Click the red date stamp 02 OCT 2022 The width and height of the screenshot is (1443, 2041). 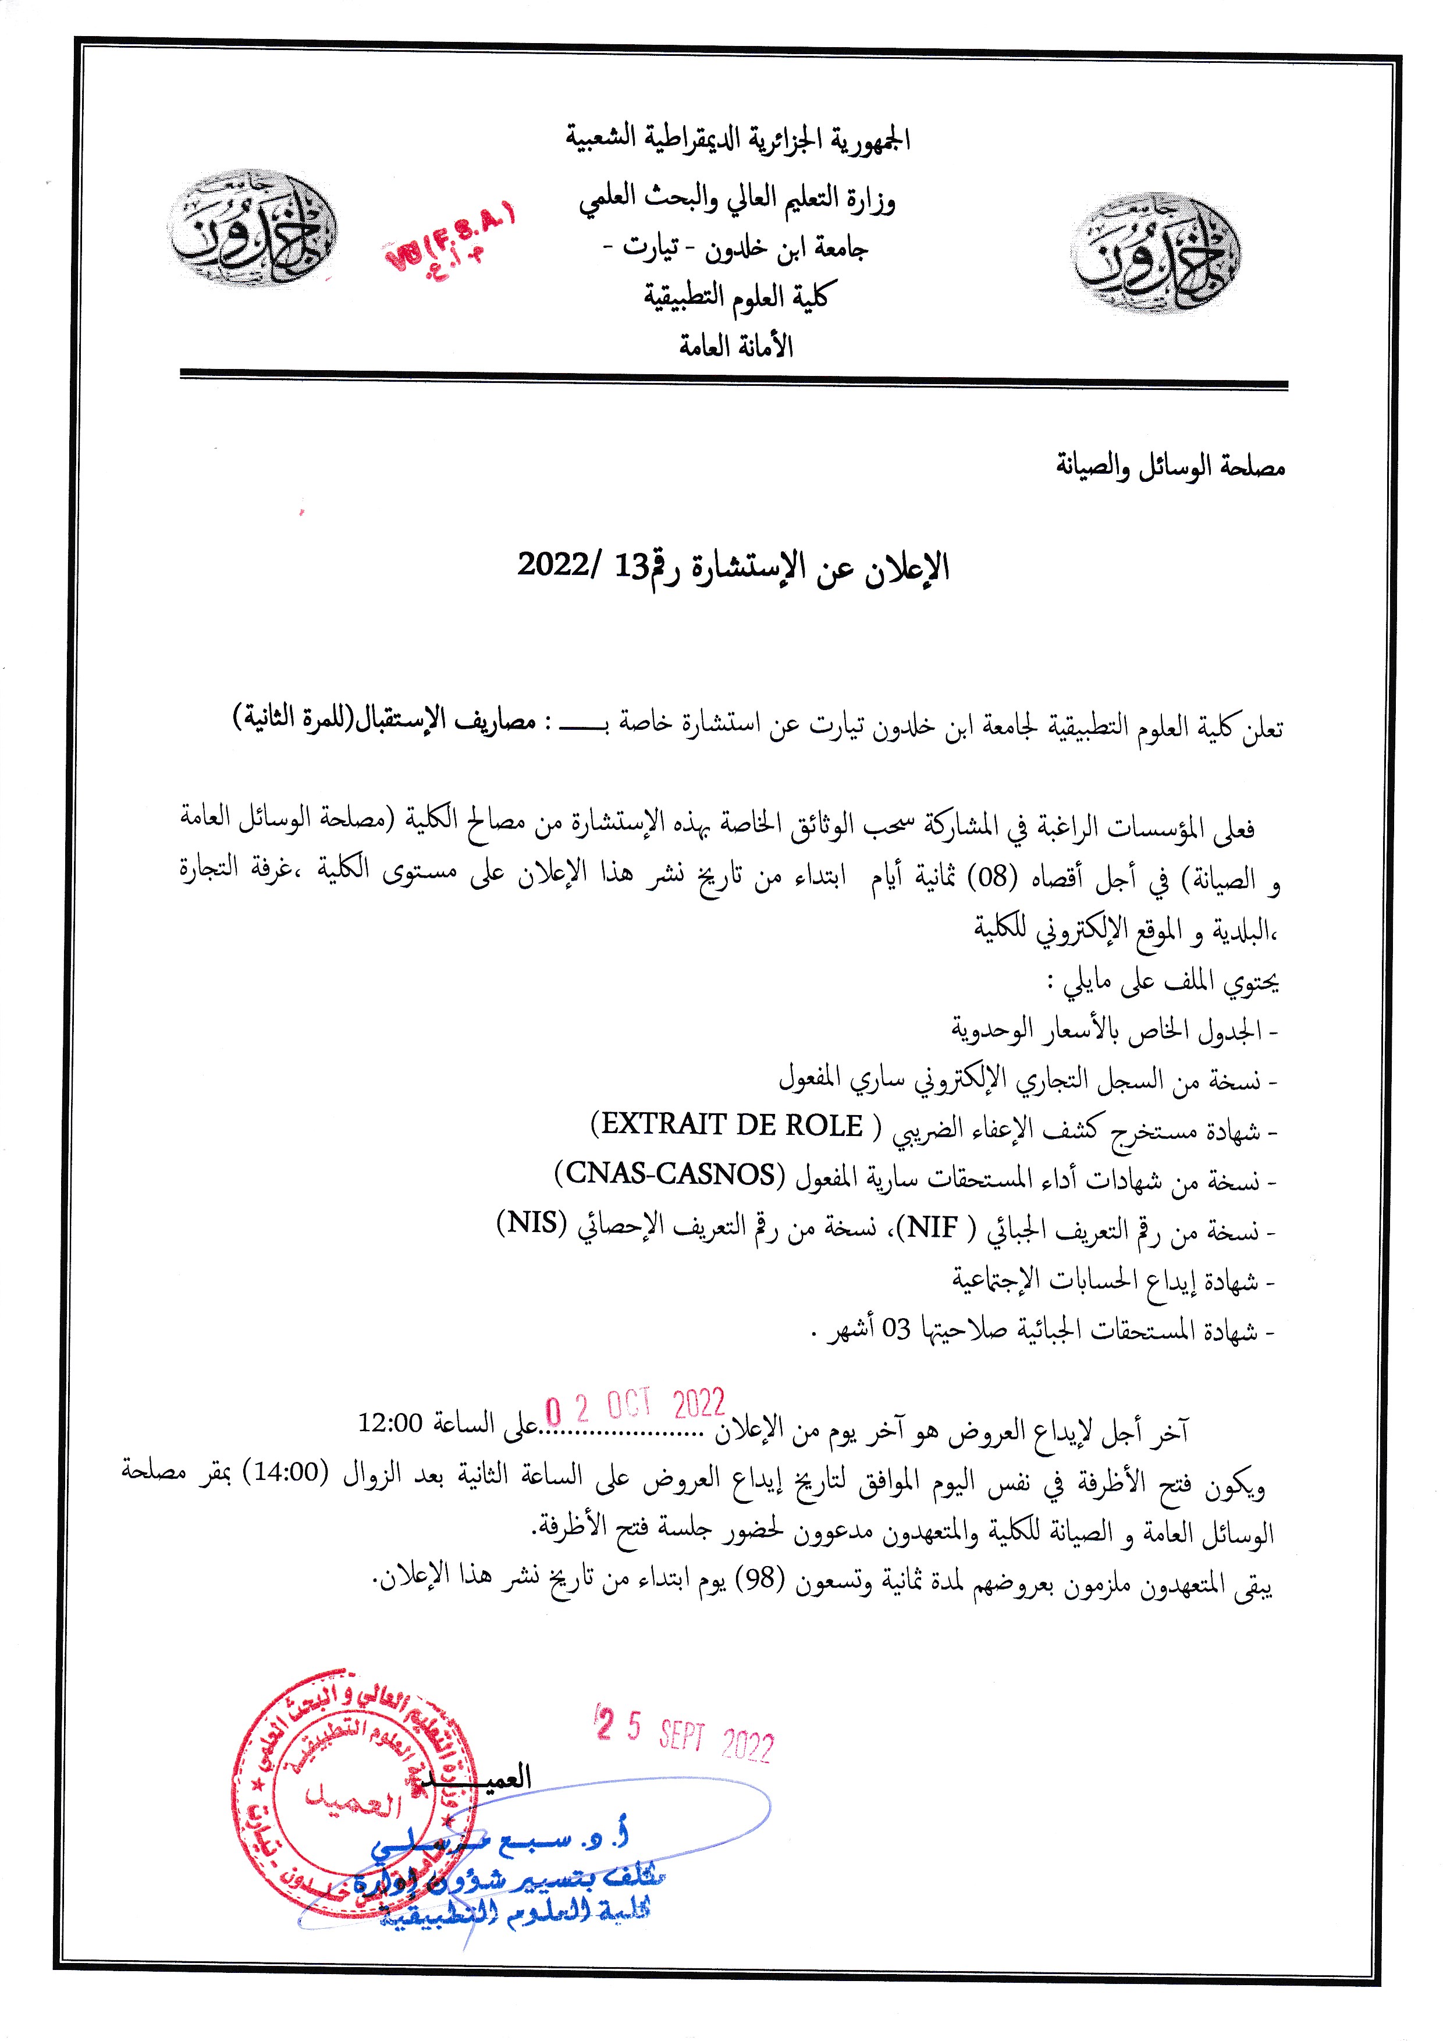[635, 1405]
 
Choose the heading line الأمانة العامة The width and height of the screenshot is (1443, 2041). [735, 346]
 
